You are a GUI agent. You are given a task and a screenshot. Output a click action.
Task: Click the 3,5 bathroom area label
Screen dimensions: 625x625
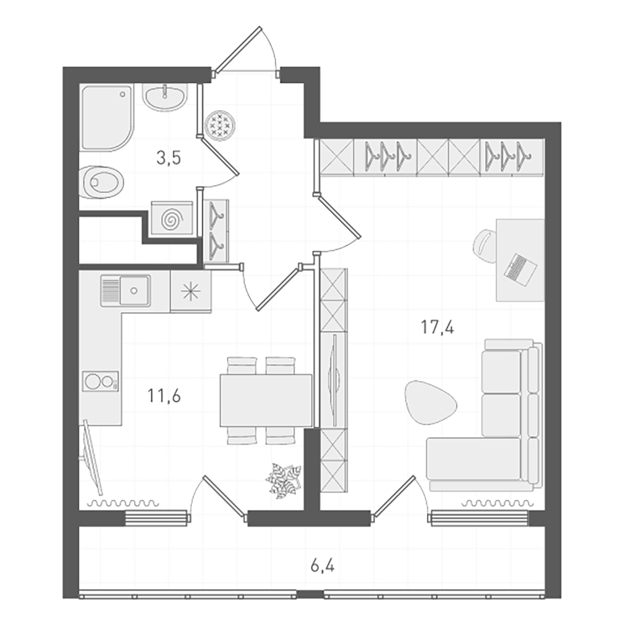(169, 158)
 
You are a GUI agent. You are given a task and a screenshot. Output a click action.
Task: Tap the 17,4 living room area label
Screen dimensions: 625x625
(437, 327)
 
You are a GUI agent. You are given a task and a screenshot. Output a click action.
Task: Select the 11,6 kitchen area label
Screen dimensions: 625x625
(164, 396)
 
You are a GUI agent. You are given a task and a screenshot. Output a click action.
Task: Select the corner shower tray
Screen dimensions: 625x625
(106, 116)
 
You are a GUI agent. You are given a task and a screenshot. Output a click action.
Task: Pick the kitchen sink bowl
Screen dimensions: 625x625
(134, 290)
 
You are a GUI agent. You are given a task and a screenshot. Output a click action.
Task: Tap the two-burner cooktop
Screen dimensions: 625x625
(100, 381)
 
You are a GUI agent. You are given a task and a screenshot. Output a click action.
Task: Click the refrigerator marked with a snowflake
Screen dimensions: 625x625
(191, 291)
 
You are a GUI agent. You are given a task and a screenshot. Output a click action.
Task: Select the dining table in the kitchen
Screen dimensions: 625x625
(266, 400)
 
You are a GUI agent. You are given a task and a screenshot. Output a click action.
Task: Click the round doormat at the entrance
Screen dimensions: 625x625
(219, 125)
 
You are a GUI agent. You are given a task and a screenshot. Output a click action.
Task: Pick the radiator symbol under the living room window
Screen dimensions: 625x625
(497, 503)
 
